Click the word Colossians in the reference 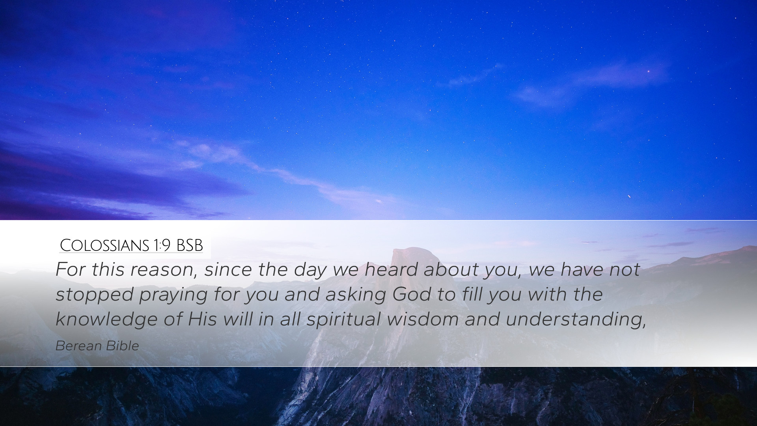[104, 245]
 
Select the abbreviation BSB [190, 245]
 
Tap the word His [202, 319]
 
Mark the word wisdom [423, 319]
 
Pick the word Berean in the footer [78, 346]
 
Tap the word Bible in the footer [123, 346]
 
